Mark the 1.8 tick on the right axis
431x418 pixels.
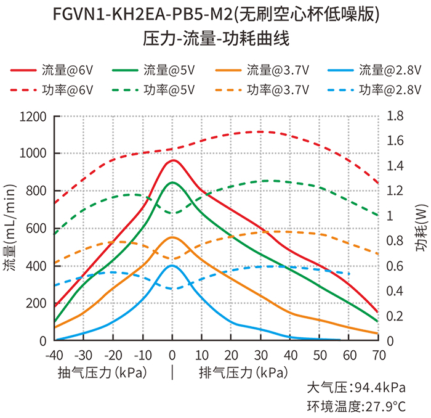pos(395,116)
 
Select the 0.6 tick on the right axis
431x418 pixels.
pos(395,266)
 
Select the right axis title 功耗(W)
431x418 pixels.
pos(421,228)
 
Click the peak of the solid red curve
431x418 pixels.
pos(173,160)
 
